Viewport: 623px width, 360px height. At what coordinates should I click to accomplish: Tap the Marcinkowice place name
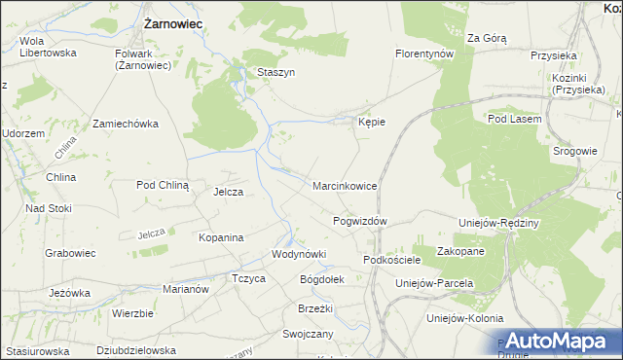[345, 185]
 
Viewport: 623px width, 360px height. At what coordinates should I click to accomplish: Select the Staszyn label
[275, 72]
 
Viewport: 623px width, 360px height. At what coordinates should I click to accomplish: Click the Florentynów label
[425, 54]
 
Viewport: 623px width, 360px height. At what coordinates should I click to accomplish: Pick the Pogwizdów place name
[360, 221]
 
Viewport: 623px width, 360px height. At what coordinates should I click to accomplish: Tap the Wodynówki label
[298, 254]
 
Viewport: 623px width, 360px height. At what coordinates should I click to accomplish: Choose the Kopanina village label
[220, 236]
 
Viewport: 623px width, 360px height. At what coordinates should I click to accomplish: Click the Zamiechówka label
[125, 124]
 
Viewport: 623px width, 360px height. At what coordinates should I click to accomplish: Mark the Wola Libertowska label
[48, 47]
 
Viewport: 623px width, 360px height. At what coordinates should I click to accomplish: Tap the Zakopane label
[461, 250]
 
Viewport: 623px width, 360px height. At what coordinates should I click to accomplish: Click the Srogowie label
[574, 151]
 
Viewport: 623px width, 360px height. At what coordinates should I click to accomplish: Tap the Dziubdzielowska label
[136, 350]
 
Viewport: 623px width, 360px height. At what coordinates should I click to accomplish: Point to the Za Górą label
[487, 38]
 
